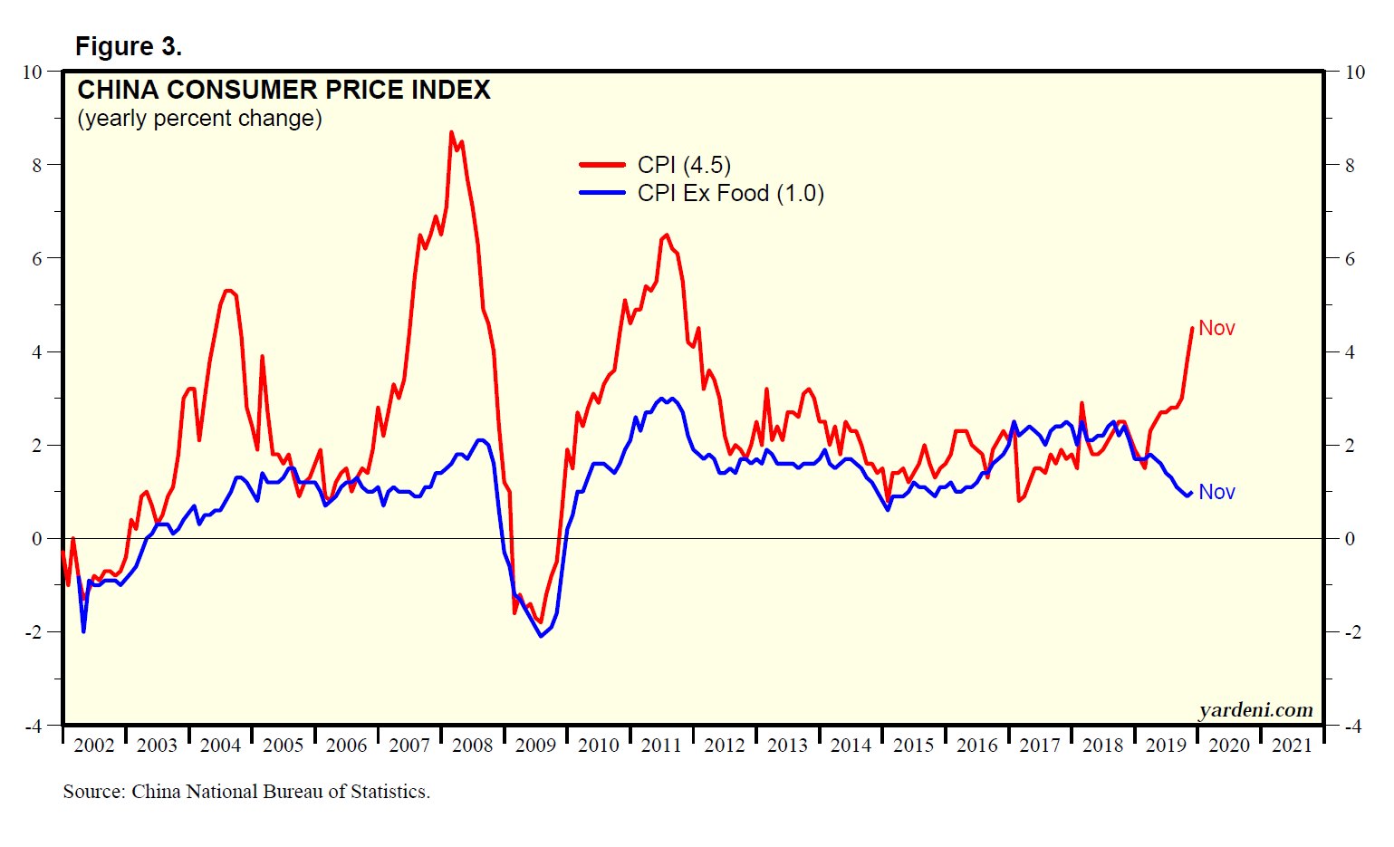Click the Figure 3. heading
[128, 46]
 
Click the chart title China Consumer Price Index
[284, 90]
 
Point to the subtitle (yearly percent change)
[199, 119]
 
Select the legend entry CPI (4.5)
[684, 165]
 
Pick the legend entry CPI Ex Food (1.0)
[730, 193]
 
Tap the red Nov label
[1216, 328]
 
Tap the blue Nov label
[1216, 492]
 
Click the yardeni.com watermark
[1255, 710]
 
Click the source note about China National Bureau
[246, 792]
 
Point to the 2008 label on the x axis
[472, 746]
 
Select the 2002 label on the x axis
[93, 746]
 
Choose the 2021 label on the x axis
[1292, 746]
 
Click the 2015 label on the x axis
[913, 746]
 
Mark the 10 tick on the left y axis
[33, 72]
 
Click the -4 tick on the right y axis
[1353, 726]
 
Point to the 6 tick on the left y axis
[37, 259]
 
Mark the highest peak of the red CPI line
[451, 132]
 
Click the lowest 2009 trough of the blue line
[541, 636]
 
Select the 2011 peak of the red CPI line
[667, 235]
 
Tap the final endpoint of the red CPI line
[1192, 328]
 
